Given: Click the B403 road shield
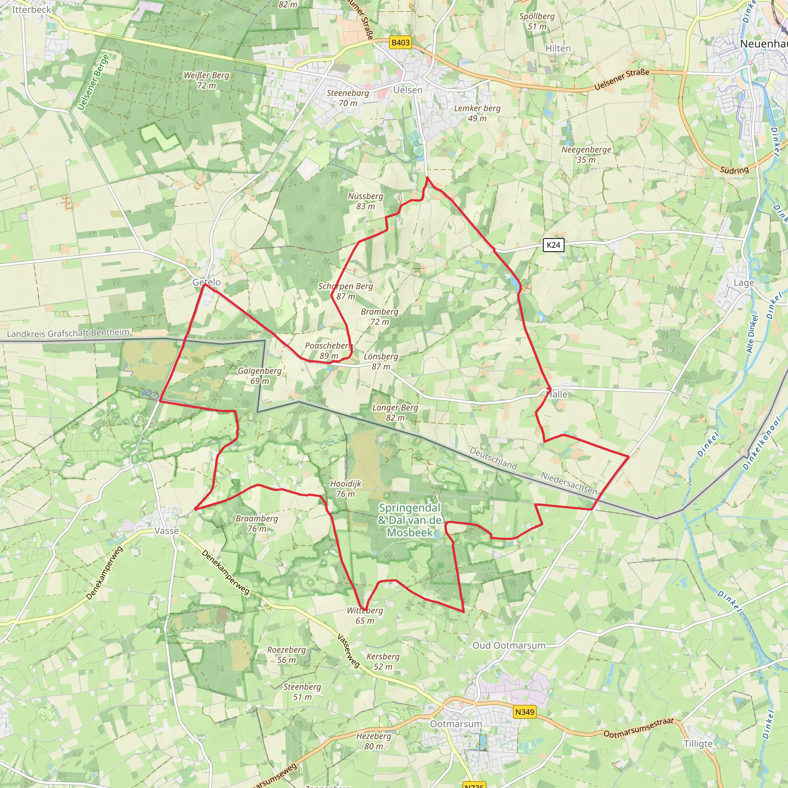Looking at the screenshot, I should (x=400, y=42).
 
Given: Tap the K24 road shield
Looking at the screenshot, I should (x=553, y=245).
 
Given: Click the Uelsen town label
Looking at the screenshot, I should (x=407, y=90).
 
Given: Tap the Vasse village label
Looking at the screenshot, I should (x=166, y=531).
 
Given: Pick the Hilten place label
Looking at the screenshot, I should (x=558, y=48).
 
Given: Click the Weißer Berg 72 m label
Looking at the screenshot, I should (x=206, y=80).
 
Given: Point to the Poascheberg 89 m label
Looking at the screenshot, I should (x=328, y=351).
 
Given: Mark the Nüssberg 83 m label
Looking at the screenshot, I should (x=366, y=201).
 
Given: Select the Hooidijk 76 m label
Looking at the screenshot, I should (x=346, y=489).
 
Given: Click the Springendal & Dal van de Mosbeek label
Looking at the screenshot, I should (x=409, y=520).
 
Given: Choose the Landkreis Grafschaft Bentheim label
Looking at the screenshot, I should (x=68, y=333).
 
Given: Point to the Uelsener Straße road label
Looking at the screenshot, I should (x=622, y=80).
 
